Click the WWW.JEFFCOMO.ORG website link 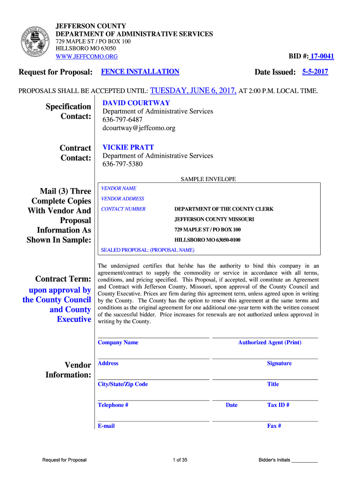point(86,57)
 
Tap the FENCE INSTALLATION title point(140,72)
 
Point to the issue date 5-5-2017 point(315,72)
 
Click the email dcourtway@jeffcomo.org point(139,128)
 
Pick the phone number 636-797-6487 point(122,120)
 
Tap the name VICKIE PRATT point(128,147)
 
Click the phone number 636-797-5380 point(122,164)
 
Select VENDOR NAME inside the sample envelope point(119,189)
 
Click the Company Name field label point(118,342)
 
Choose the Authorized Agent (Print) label point(269,342)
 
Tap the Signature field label point(279,363)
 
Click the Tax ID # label point(278,405)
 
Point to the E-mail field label point(106,426)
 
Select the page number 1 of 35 point(180,460)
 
